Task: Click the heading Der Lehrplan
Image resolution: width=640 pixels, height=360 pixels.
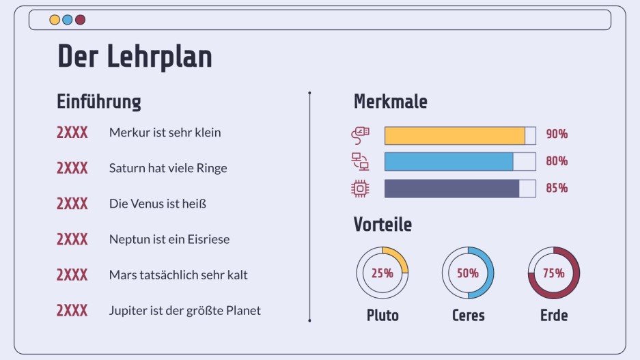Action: (135, 57)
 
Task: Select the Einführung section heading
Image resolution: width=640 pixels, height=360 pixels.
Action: (98, 102)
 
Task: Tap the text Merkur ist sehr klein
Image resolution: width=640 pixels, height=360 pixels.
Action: (165, 133)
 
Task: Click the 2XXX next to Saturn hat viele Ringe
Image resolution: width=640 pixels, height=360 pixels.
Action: (72, 168)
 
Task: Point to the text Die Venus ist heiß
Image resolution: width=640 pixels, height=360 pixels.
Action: (157, 204)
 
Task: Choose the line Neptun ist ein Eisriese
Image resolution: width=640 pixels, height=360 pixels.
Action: (169, 239)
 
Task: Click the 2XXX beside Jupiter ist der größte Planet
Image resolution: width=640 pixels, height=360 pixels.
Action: (72, 311)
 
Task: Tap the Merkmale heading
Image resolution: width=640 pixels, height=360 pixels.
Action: (390, 102)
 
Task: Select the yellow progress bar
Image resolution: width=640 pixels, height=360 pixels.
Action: (455, 135)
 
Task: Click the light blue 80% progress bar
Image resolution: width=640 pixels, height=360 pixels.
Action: (449, 161)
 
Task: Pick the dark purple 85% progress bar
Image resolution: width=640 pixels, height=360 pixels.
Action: (452, 189)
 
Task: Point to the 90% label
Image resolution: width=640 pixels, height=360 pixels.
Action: (557, 135)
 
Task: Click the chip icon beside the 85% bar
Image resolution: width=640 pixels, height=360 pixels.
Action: (359, 189)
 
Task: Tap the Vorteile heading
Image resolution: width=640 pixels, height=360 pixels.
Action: (382, 224)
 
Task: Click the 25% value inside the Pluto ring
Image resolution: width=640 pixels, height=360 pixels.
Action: (382, 273)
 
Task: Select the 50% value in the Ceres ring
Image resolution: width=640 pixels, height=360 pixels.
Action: (468, 273)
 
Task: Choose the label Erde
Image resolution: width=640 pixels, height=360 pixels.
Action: (554, 316)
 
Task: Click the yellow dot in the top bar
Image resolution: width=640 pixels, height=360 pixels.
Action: (55, 20)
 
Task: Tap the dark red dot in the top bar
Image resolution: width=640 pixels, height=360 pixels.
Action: (80, 20)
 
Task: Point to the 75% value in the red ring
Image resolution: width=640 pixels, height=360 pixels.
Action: (554, 273)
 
